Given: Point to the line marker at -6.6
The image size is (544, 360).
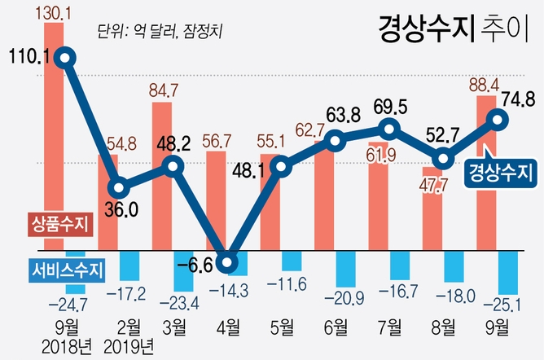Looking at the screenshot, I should pyautogui.click(x=229, y=263).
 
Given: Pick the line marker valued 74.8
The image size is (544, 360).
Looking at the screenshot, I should pyautogui.click(x=496, y=120).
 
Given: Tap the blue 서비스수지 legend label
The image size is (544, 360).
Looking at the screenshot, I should pyautogui.click(x=64, y=268).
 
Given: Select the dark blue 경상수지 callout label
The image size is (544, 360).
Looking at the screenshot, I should pyautogui.click(x=501, y=172).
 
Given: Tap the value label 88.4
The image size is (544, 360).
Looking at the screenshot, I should pyautogui.click(x=481, y=84).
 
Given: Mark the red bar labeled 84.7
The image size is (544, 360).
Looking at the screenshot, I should pyautogui.click(x=161, y=175).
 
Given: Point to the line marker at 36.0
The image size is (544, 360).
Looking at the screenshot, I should pyautogui.click(x=120, y=187).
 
